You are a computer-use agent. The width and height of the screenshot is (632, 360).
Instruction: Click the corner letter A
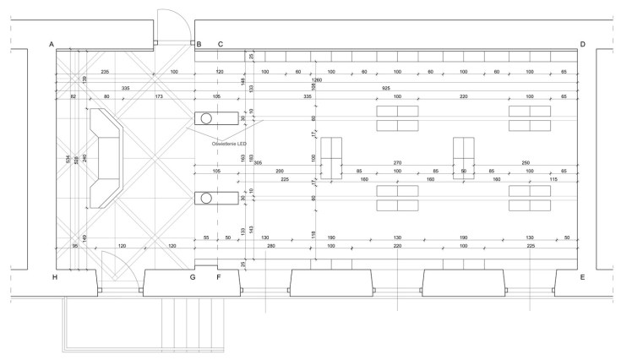pyautogui.click(x=52, y=44)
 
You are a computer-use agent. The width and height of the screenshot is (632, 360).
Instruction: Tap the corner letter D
pyautogui.click(x=582, y=44)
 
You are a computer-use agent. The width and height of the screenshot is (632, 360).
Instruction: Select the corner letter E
pyautogui.click(x=582, y=276)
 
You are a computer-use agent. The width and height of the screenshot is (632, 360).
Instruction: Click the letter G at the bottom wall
pyautogui.click(x=193, y=276)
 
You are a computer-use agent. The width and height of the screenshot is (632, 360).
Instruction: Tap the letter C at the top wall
pyautogui.click(x=221, y=44)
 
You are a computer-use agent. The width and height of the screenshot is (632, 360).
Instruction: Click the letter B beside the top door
pyautogui.click(x=199, y=44)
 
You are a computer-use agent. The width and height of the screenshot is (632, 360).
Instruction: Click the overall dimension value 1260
pyautogui.click(x=316, y=80)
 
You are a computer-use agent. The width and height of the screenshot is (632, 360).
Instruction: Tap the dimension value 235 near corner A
pyautogui.click(x=105, y=72)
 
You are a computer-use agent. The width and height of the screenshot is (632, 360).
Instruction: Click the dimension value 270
pyautogui.click(x=397, y=162)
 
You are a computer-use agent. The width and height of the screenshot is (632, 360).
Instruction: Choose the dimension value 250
pyautogui.click(x=526, y=162)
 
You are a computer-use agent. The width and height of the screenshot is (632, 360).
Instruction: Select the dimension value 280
pyautogui.click(x=271, y=246)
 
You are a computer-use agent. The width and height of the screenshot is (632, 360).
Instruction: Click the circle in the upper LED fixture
pyautogui.click(x=206, y=117)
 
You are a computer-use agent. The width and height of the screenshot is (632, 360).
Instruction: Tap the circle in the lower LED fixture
pyautogui.click(x=206, y=198)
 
